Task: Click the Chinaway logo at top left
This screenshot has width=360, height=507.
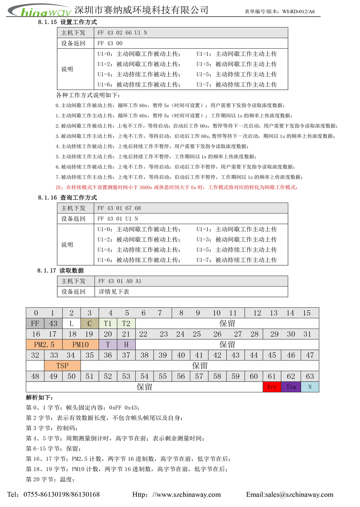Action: (x=40, y=11)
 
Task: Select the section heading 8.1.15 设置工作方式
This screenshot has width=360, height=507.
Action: (x=67, y=22)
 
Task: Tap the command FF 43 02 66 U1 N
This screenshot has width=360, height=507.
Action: (x=122, y=33)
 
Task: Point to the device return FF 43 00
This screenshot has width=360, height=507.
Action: (x=110, y=43)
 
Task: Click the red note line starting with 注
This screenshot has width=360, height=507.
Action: (x=176, y=187)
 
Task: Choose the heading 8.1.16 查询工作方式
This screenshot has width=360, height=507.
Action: (x=67, y=197)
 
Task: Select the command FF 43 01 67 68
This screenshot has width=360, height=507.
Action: (x=119, y=208)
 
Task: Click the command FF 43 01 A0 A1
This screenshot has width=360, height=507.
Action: (x=120, y=281)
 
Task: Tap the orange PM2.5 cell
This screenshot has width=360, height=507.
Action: (x=44, y=344)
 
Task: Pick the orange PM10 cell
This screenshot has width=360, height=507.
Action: (x=80, y=344)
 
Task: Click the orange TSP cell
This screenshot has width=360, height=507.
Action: (x=62, y=366)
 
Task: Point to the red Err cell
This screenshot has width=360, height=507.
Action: (x=272, y=387)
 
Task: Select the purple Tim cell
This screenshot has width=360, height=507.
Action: (x=291, y=387)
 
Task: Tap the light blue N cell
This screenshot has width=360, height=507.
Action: (x=310, y=387)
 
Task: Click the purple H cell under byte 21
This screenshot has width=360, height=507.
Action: (x=126, y=344)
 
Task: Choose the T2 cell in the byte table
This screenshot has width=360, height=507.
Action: (x=126, y=324)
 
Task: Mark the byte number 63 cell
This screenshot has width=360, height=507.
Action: (x=310, y=376)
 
